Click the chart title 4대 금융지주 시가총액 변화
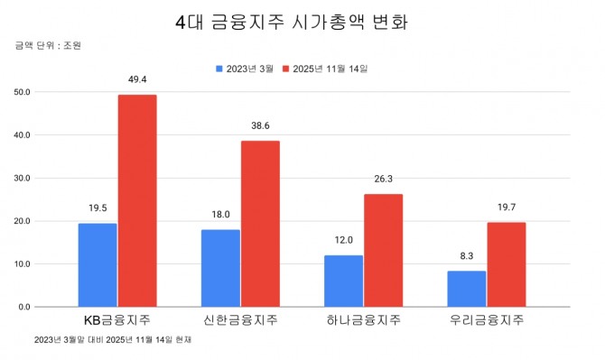[292, 23]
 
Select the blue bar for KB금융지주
[98, 265]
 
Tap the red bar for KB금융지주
[137, 201]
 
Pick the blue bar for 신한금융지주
[220, 269]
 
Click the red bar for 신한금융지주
[260, 224]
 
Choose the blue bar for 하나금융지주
[343, 282]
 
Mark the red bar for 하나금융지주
[383, 251]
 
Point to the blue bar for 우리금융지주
[466, 289]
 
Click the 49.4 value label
[137, 80]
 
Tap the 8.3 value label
[466, 256]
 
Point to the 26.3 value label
[383, 180]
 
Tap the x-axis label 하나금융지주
[363, 320]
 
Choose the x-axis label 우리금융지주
[486, 320]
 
